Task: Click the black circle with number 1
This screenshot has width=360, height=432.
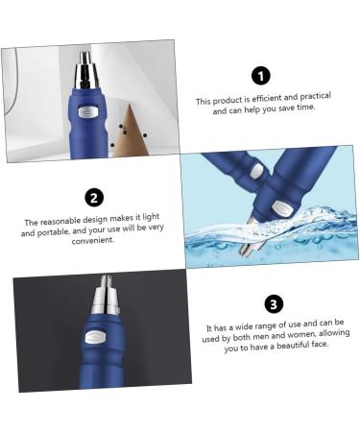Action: pyautogui.click(x=260, y=76)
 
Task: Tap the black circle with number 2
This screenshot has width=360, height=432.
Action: pyautogui.click(x=94, y=198)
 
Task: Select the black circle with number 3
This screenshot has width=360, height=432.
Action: pyautogui.click(x=274, y=304)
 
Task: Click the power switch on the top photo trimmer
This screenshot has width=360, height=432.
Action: pyautogui.click(x=87, y=111)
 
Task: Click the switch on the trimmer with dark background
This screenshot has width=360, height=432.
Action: pyautogui.click(x=96, y=338)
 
